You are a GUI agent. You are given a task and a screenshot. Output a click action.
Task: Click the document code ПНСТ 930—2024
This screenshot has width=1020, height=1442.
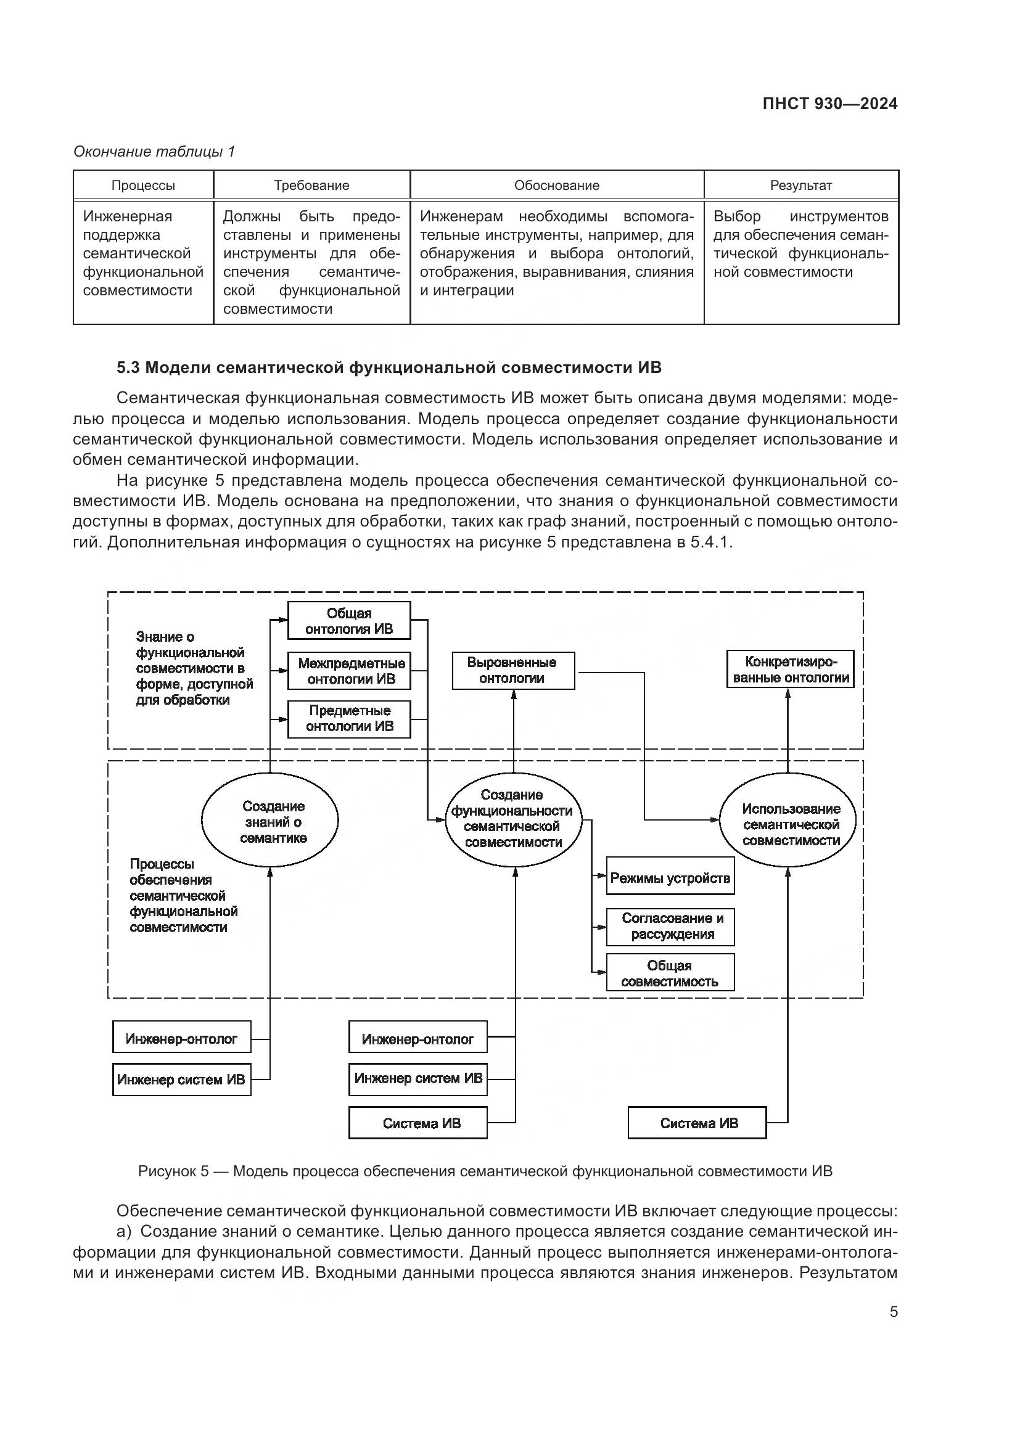pyautogui.click(x=829, y=104)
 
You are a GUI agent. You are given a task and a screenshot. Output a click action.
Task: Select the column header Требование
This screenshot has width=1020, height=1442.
pyautogui.click(x=311, y=186)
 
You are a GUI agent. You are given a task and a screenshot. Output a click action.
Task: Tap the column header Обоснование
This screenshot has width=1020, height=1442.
pyautogui.click(x=556, y=186)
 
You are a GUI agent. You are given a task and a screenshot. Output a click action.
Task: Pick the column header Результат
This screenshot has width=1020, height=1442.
pyautogui.click(x=801, y=186)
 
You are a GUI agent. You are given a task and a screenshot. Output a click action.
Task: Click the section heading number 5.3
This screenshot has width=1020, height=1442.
pyautogui.click(x=128, y=368)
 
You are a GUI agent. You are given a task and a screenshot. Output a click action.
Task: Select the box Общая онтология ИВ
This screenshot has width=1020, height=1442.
pyautogui.click(x=349, y=621)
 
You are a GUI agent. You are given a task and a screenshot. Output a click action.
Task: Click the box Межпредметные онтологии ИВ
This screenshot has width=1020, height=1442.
pyautogui.click(x=349, y=671)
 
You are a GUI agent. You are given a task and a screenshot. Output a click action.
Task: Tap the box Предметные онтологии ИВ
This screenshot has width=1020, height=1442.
pyautogui.click(x=349, y=718)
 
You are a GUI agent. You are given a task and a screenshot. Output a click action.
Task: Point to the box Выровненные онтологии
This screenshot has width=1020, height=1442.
pyautogui.click(x=513, y=670)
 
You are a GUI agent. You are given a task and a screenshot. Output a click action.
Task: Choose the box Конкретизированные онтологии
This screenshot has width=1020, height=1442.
pyautogui.click(x=790, y=670)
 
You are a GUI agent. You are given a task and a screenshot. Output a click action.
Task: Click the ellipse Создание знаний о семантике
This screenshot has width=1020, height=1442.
pyautogui.click(x=270, y=821)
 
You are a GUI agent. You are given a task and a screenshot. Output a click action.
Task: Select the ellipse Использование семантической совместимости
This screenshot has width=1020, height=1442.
pyautogui.click(x=790, y=824)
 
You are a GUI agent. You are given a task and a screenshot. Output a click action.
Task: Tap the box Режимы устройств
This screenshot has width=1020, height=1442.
pyautogui.click(x=670, y=878)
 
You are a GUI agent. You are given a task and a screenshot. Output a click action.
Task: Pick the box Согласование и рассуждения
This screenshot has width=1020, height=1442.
pyautogui.click(x=670, y=927)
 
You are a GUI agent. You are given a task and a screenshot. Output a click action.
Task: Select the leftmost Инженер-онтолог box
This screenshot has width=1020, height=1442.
pyautogui.click(x=181, y=1039)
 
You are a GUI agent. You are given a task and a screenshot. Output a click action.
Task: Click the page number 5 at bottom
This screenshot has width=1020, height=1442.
pyautogui.click(x=893, y=1312)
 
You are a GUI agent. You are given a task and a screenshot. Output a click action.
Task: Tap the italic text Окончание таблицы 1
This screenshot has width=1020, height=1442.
pyautogui.click(x=154, y=152)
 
